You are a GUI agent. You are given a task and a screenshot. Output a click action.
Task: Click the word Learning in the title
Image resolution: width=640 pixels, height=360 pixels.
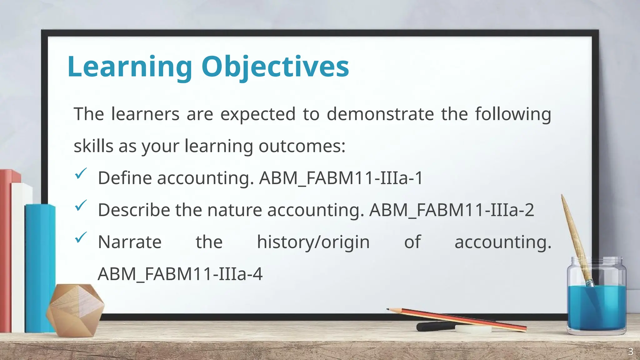(129, 67)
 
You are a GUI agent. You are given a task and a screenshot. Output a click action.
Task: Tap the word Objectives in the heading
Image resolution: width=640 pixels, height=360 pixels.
(275, 67)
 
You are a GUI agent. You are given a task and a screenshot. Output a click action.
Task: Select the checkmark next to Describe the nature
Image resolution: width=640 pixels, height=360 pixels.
(81, 206)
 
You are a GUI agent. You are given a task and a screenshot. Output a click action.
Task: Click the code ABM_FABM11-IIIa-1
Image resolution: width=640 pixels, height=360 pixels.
(341, 178)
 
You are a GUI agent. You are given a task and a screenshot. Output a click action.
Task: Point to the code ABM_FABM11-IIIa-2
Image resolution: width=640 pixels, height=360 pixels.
(452, 210)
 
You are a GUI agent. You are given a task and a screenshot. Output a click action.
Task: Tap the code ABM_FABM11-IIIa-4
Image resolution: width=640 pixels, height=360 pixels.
(180, 274)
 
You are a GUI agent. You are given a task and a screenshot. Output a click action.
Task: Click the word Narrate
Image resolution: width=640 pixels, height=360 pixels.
(130, 242)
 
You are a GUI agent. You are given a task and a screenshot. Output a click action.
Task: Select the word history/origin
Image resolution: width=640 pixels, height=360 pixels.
(313, 242)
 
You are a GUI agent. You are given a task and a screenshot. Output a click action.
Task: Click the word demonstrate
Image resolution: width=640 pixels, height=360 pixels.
(380, 114)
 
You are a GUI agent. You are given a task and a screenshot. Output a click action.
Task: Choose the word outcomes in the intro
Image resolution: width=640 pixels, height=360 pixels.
(302, 146)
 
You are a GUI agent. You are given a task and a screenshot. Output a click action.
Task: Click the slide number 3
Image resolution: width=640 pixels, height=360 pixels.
(631, 352)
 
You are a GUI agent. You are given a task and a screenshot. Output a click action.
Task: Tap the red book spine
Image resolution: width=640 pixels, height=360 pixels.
(6, 250)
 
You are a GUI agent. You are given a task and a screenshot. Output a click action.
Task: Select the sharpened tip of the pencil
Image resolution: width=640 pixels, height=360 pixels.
(389, 309)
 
